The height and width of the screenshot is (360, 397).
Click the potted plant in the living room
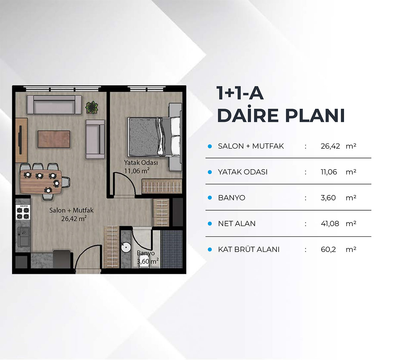pos(92,107)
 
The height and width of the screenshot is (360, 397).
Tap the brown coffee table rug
pos(54,139)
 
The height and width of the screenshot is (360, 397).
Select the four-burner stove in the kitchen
pos(23,212)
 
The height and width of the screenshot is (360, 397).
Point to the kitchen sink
pos(23,237)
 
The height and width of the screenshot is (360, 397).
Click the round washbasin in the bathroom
pos(126,247)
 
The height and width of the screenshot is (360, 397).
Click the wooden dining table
pos(41,181)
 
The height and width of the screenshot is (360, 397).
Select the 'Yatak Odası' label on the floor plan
pos(141,163)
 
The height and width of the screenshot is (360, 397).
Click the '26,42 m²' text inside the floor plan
pos(74,219)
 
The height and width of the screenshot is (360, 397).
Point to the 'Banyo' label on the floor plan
pos(146,253)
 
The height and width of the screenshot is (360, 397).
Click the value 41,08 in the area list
pos(330,223)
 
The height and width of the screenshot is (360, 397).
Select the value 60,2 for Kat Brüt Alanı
pos(328,250)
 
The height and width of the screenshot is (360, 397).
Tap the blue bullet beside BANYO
pos(210,198)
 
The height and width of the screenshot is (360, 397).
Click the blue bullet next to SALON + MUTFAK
pos(210,146)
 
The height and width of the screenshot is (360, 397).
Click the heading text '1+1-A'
pos(240,93)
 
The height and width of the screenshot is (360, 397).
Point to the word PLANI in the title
pos(315,115)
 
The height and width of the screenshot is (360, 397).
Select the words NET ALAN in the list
pos(237,223)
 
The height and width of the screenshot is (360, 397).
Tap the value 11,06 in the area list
pos(329,172)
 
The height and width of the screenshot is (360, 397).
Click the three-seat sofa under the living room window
pos(54,105)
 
